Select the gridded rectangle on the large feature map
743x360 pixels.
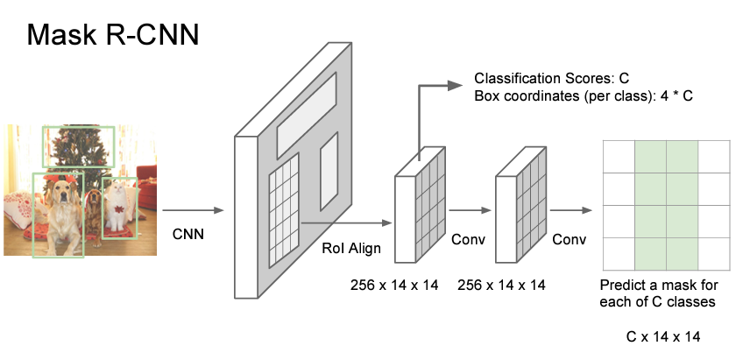tap(283, 205)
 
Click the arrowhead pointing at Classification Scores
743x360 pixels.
tap(454, 85)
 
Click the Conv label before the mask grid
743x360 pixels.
tap(568, 237)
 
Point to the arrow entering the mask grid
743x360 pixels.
tap(570, 210)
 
